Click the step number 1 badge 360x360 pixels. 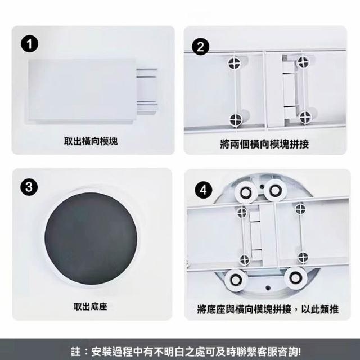pos(30,44)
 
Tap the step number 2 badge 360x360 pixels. pos(200,46)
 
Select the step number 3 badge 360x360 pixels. pos(29,186)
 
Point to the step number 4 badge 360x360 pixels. pos(204,190)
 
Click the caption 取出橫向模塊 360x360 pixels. pos(91,141)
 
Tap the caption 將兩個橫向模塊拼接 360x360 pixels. pos(264,144)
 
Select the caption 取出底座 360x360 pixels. pos(91,306)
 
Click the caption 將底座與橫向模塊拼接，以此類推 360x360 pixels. pos(268,309)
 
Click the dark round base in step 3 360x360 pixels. pos(91,238)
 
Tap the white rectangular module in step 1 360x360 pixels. pos(82,91)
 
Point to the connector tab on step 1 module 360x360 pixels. pos(146,91)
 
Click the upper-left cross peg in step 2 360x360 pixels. pos(235,62)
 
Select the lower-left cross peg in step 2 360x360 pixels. pos(236,120)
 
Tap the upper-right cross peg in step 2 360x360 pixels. pos(303,62)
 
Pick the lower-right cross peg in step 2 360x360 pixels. pos(305,117)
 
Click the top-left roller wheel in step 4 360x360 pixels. pos(246,192)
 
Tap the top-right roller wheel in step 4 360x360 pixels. pos(275,190)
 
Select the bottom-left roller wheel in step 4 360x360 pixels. pos(236,280)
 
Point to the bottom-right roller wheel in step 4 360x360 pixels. pos(296,278)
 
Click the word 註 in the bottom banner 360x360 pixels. pos(76,352)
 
